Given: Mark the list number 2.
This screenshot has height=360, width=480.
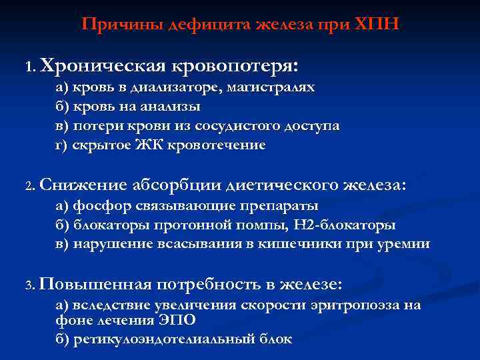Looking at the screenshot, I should tap(30, 186).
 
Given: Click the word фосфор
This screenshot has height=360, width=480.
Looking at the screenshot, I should tap(97, 206).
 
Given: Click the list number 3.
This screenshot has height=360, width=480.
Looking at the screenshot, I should tap(30, 285).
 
